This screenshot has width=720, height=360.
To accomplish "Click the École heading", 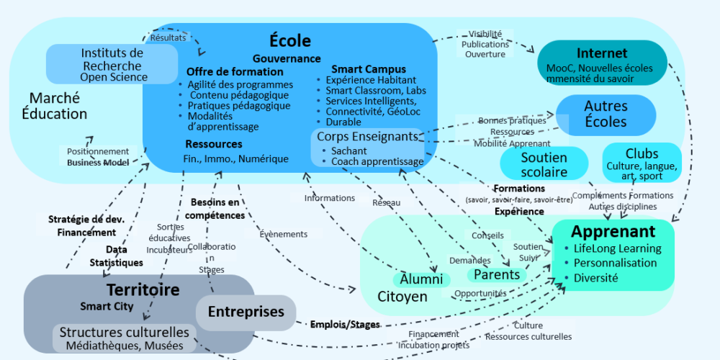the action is (x=289, y=41).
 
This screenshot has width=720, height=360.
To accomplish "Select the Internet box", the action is (x=602, y=63).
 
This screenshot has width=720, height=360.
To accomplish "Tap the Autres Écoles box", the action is (x=606, y=114).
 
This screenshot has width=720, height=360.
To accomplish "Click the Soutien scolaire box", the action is (x=544, y=164).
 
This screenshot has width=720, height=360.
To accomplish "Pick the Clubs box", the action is (x=642, y=163).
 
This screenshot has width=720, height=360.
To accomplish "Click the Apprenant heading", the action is (x=613, y=231).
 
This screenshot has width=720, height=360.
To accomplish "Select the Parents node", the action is (x=497, y=274).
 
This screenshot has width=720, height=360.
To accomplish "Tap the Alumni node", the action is (x=421, y=279).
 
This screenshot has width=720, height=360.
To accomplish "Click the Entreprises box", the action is (x=246, y=312).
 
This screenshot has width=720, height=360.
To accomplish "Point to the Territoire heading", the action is (x=143, y=289).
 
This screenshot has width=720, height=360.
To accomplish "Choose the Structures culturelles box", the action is (x=124, y=338).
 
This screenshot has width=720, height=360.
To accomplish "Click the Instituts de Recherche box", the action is (x=112, y=64).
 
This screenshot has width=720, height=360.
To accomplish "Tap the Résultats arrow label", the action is (x=168, y=37).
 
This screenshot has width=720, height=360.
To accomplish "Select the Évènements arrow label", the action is (x=283, y=234).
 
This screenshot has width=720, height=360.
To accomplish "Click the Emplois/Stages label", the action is (x=345, y=325).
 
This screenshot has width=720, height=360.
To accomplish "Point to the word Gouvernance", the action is (x=287, y=59).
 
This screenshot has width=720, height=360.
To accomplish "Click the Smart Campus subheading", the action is (x=369, y=69).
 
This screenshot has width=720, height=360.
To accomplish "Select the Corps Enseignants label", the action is (x=367, y=136).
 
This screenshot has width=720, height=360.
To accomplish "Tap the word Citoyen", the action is (x=402, y=297).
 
